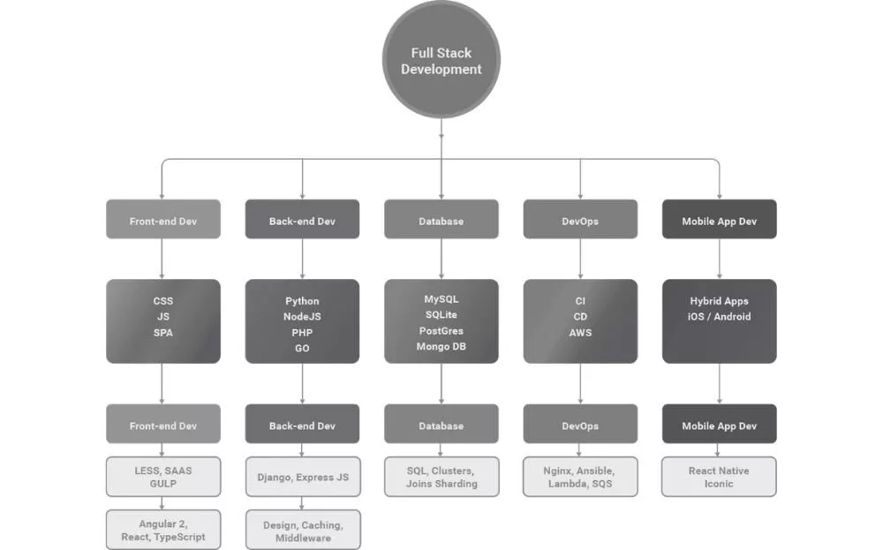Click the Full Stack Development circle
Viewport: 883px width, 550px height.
click(441, 60)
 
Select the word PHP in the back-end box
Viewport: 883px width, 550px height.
click(302, 333)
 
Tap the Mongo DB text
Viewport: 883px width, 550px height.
click(441, 347)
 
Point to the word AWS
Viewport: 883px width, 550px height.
click(580, 333)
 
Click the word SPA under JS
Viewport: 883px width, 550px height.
click(162, 333)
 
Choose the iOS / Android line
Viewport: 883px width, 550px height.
click(719, 317)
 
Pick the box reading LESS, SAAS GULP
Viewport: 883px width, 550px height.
click(162, 477)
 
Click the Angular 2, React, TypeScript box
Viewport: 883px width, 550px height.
click(162, 530)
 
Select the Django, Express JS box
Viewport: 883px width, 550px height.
click(302, 477)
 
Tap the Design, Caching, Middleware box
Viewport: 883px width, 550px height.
click(302, 530)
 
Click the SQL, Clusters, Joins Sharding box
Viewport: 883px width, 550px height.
click(441, 477)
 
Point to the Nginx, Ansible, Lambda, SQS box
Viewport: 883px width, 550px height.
click(580, 477)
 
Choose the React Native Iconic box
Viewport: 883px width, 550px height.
click(719, 477)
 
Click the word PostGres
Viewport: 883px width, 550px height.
click(441, 331)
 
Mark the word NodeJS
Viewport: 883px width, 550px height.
click(302, 317)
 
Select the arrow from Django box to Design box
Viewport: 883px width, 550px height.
click(302, 503)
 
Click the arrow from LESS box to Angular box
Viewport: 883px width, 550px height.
click(162, 503)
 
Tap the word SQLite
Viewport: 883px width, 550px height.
click(441, 315)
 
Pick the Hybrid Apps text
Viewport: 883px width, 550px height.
click(719, 301)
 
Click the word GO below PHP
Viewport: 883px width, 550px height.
click(302, 349)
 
